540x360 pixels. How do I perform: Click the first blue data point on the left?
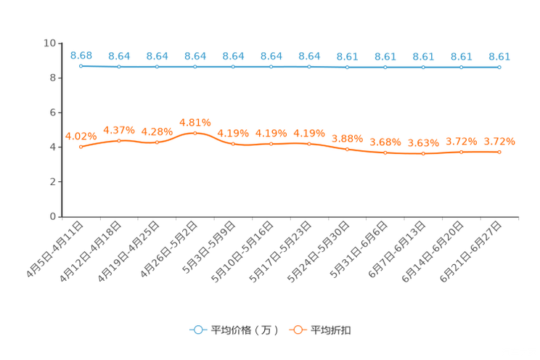tap(81, 66)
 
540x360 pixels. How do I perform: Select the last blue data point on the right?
tap(499, 67)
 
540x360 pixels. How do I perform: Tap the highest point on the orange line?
tap(195, 133)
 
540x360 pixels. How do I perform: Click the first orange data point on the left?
tap(81, 147)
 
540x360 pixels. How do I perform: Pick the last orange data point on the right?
tap(499, 152)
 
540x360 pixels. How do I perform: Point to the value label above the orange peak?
tap(195, 122)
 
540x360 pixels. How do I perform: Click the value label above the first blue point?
tap(81, 54)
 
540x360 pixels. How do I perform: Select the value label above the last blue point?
tap(499, 56)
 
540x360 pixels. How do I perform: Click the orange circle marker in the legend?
tap(298, 330)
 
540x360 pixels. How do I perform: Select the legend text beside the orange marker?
tap(332, 330)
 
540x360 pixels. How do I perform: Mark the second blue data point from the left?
tap(119, 67)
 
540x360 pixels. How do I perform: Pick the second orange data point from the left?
tap(119, 140)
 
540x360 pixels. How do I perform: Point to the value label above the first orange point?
tap(81, 136)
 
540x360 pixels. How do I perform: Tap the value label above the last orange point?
tap(499, 141)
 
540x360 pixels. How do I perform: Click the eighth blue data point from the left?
tap(347, 67)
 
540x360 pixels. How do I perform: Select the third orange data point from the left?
tap(157, 142)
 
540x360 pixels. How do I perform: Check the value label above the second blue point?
tap(119, 55)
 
